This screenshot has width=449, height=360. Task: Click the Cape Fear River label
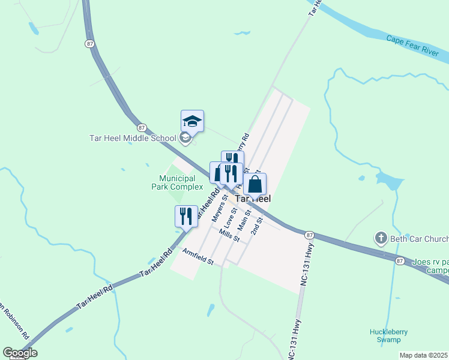click(413, 46)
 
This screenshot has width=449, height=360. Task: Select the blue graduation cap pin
click(193, 121)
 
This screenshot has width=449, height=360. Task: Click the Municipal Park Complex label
click(177, 182)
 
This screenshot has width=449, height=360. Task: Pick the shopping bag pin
click(255, 185)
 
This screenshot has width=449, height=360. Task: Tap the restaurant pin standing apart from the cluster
click(186, 217)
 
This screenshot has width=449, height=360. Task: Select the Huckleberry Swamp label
click(385, 335)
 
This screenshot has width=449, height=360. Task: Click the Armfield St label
click(199, 257)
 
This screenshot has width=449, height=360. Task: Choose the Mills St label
click(229, 235)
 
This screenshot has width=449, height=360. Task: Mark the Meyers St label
click(218, 205)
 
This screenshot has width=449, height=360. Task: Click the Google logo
click(20, 353)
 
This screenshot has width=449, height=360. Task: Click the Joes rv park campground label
click(430, 266)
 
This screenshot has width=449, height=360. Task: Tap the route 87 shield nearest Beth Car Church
click(400, 260)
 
